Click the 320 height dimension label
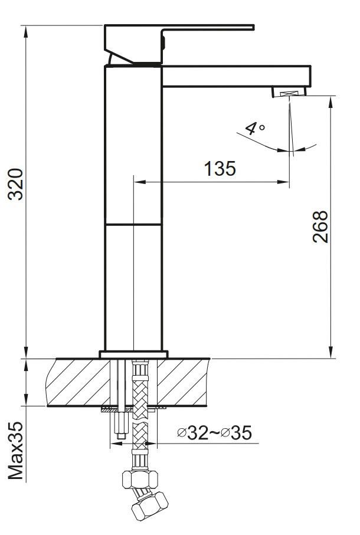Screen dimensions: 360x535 click(16, 184)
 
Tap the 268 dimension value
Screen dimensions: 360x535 click(320, 227)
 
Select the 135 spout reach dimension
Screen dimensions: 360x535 click(220, 169)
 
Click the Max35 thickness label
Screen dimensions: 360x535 click(16, 451)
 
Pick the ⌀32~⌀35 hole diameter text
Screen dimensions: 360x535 click(215, 432)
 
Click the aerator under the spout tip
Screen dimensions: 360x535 click(289, 92)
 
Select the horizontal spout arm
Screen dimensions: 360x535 click(236, 76)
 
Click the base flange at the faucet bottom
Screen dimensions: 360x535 click(133, 354)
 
